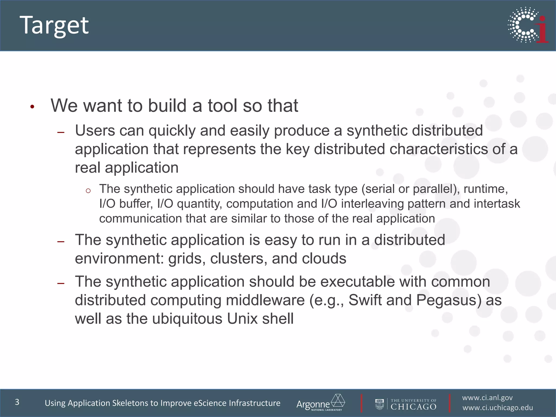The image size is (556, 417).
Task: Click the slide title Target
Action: point(54,25)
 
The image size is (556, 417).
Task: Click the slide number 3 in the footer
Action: point(17,402)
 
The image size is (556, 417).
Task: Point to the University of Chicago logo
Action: point(406,404)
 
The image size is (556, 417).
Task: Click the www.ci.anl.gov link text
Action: point(487,398)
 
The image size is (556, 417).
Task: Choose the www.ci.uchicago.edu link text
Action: point(498,408)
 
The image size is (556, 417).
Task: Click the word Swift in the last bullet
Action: point(365,300)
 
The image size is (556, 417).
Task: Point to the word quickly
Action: point(172,131)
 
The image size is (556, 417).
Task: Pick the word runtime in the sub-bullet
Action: point(485,189)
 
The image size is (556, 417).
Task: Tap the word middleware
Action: point(265,300)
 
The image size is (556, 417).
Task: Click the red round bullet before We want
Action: point(32,107)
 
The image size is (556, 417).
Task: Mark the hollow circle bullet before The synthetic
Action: point(88,191)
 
